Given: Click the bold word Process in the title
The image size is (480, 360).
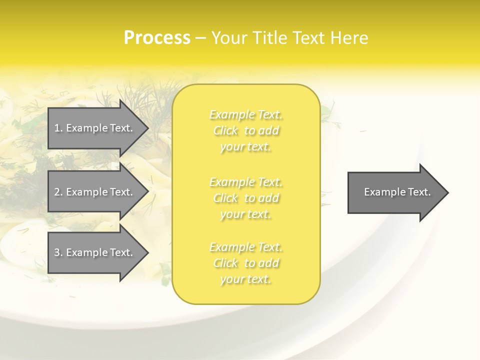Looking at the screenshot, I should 157,38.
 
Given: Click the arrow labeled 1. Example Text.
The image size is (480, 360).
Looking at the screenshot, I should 95,128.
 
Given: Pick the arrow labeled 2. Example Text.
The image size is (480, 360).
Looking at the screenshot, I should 95,192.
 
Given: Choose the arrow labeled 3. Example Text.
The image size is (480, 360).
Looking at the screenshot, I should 95,252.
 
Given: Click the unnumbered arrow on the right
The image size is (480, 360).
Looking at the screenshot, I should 395,192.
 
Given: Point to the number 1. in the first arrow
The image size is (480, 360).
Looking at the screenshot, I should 58,128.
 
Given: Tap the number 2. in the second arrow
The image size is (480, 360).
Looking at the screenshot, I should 58,192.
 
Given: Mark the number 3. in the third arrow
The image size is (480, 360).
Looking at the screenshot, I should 58,252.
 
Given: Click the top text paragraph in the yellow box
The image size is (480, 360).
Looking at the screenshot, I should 245,130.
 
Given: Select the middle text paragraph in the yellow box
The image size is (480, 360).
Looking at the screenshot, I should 245,198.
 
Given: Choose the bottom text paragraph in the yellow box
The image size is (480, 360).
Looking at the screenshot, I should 245,263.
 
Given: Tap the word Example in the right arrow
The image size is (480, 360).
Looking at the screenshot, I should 382,192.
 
